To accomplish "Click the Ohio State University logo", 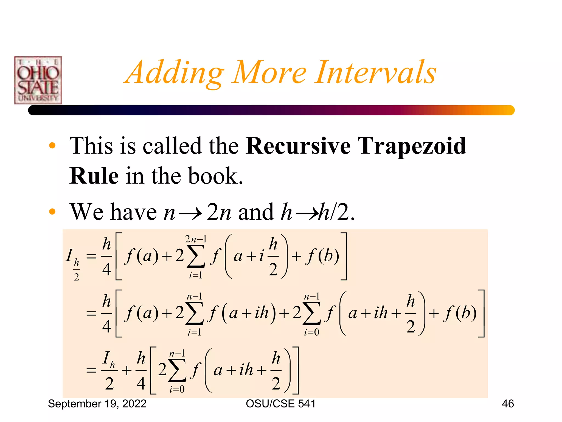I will (38, 80).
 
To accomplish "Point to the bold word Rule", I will (94, 176).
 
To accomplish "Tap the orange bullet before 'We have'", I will (52, 212).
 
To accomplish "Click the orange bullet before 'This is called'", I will (52, 146).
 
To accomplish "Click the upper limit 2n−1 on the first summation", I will (196, 239).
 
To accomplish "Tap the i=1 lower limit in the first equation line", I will (196, 275).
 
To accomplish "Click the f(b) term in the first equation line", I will (323, 256).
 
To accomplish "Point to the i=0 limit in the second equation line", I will (311, 332).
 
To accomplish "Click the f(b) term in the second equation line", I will (460, 313).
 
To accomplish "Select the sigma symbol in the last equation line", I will (177, 370).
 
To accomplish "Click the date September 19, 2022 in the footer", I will (97, 404).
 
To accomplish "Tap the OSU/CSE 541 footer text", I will (280, 404).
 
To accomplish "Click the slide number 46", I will (508, 404).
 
